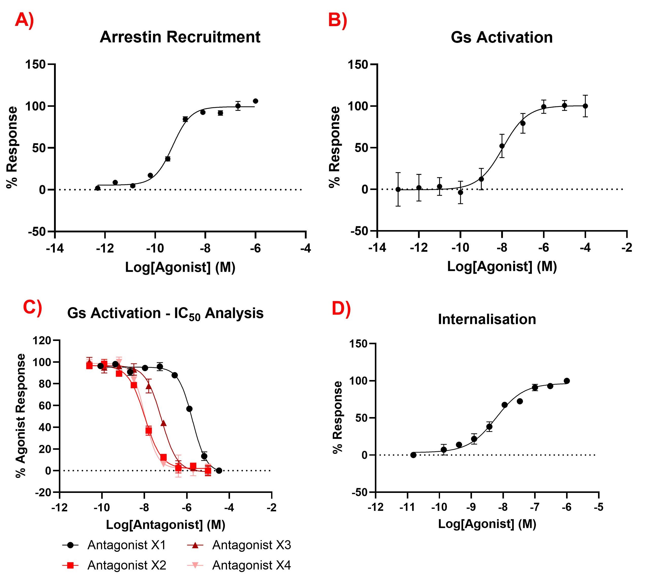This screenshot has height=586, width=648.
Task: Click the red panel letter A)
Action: point(24,21)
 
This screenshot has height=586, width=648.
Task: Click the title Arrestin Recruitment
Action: point(180,37)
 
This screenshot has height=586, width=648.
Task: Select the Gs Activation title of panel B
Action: point(502,37)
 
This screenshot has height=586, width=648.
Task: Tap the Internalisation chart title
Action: point(487,319)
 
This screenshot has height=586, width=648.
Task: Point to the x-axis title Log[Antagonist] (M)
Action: point(166,525)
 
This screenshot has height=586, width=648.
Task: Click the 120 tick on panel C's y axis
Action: point(42,340)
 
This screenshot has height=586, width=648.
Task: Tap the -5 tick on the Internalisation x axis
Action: point(599,507)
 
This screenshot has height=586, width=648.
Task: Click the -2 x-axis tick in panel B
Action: point(627,248)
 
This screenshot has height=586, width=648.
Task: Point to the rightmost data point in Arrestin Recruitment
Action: point(256,101)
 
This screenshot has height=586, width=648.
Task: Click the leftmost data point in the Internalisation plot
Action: point(413,455)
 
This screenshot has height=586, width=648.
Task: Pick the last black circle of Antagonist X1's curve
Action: point(219,471)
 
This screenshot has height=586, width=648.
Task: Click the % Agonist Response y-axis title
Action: point(21,415)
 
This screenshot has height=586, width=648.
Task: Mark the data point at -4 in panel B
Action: point(585,106)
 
